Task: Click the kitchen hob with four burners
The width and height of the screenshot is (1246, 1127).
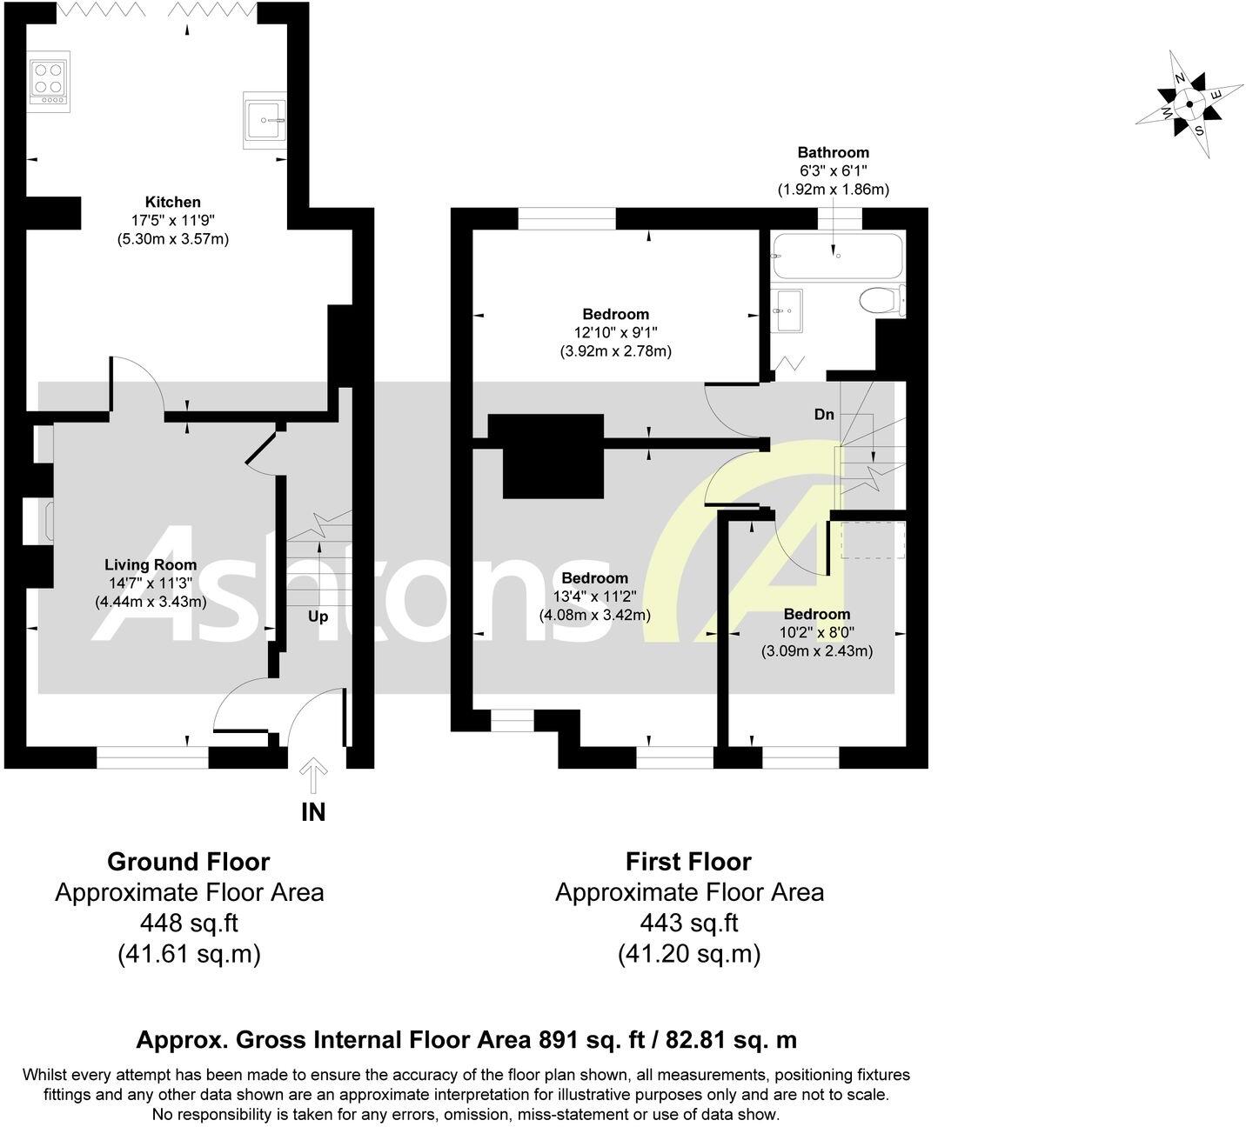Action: pos(49,82)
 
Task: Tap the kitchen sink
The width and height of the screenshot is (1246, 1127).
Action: pos(265,121)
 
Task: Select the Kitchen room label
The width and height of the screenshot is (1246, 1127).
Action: pos(172,202)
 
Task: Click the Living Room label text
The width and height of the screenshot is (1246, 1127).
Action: pos(151,564)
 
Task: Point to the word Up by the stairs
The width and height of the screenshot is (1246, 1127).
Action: pos(318,617)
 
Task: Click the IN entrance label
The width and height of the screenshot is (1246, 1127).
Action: pos(313,812)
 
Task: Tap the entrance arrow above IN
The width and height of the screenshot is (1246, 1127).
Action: pos(313,775)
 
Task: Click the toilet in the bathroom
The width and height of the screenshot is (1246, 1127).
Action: pos(882,301)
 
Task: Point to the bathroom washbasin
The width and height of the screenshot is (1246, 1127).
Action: pos(787,310)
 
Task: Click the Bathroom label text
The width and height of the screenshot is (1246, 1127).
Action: pos(833,152)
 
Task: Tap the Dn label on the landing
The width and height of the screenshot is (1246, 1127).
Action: pos(824,414)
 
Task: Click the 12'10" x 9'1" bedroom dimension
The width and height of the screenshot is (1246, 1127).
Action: pos(615,333)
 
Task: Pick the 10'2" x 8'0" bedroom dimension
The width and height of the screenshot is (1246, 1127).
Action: pos(817,633)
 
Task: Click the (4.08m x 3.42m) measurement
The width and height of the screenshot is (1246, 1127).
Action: pos(594,616)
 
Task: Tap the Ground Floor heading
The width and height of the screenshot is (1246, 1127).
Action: pos(188,862)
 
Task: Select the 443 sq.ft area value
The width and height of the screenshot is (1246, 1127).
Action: pos(689,923)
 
